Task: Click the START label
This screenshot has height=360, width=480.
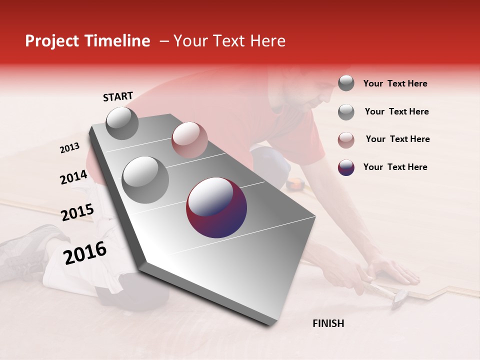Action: pos(118,96)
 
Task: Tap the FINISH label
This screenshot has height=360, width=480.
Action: pos(328,323)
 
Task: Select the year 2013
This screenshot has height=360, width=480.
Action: pos(70,148)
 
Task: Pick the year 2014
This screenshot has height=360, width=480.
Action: pos(73,177)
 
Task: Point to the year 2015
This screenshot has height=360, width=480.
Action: pos(77,212)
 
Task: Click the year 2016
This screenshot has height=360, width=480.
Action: pos(85,252)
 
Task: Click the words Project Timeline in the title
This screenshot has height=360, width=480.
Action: pos(87,41)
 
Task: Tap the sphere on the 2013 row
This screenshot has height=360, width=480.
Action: pos(122,123)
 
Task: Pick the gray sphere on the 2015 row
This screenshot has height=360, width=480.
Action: pos(145,179)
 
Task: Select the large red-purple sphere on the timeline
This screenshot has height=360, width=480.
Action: pos(216,207)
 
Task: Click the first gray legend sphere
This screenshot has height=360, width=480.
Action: pos(346,83)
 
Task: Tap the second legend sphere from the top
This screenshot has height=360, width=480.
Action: pos(346,112)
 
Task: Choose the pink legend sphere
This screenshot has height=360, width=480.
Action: pos(346,140)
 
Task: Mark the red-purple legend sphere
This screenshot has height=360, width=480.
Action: pos(346,167)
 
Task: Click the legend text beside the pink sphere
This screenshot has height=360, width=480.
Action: pos(397,139)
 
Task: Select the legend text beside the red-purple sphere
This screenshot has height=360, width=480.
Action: pos(395,167)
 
